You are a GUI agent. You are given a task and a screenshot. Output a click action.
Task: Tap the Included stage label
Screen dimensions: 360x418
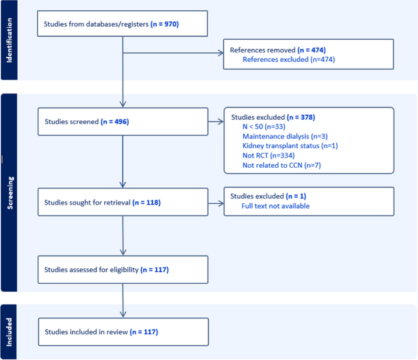[9, 332]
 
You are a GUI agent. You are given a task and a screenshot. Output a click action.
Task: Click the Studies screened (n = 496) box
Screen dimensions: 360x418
[123, 121]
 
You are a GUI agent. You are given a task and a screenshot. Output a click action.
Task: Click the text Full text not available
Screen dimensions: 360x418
[276, 206]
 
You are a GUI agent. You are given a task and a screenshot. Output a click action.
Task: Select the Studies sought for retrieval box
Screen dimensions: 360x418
[123, 202]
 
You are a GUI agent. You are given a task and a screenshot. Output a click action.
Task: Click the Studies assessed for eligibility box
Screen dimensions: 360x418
[123, 269]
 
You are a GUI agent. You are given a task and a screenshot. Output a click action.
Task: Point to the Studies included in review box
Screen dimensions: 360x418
[123, 332]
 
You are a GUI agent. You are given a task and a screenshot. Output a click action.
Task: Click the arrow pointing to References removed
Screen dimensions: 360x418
[174, 54]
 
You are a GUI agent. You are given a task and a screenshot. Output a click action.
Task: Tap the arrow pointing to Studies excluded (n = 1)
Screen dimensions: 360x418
[216, 202]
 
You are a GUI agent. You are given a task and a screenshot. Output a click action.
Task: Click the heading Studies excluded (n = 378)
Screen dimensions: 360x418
[273, 116]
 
